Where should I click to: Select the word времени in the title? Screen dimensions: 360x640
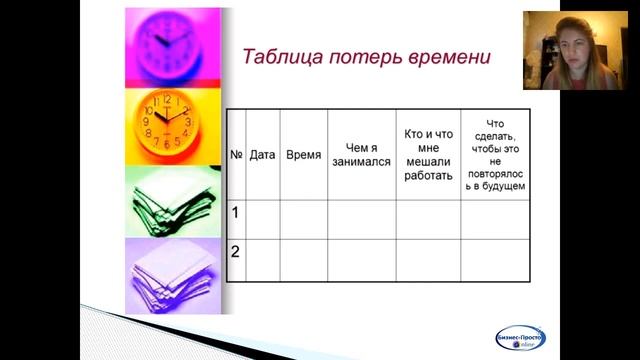click(x=449, y=57)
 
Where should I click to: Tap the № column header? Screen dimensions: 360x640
click(x=237, y=155)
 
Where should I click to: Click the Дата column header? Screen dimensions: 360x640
click(x=262, y=155)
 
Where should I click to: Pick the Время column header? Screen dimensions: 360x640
click(x=303, y=155)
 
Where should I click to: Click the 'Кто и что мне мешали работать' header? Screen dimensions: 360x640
click(x=428, y=154)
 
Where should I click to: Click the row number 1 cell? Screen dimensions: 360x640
click(x=236, y=213)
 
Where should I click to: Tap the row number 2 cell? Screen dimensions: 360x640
click(x=236, y=252)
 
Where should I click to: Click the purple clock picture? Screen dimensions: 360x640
click(x=172, y=45)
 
